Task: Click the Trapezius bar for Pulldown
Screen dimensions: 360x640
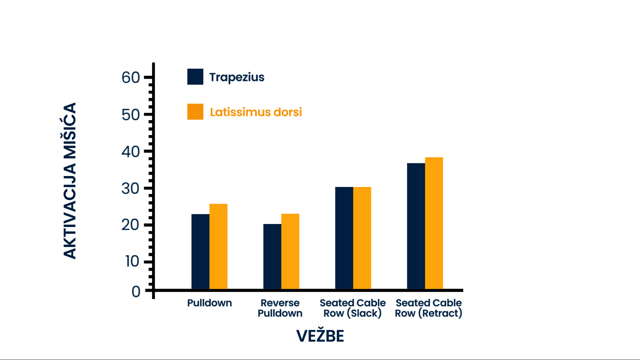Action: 200,251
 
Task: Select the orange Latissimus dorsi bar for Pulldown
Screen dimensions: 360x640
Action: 218,246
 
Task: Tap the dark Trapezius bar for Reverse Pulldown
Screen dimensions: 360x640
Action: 272,256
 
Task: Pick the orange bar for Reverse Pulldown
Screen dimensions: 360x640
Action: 290,251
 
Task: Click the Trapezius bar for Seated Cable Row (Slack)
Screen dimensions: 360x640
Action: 344,238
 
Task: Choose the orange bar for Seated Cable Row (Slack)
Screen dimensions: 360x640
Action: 362,238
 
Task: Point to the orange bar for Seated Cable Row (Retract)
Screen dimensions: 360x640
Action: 434,223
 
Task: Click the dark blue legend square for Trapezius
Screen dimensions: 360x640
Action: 195,77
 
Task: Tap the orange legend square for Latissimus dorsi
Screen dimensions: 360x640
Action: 195,112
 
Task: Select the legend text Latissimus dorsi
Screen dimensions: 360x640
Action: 256,112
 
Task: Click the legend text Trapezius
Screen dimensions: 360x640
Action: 237,77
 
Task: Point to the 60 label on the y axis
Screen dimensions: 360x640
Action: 131,78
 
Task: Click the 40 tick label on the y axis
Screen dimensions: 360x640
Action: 131,152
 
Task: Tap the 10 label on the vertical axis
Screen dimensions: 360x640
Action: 132,261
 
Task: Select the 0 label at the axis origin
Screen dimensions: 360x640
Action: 136,292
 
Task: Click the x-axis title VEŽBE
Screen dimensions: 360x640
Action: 320,336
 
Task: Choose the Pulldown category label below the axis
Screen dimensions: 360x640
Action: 209,303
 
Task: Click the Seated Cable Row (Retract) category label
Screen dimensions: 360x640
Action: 428,308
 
